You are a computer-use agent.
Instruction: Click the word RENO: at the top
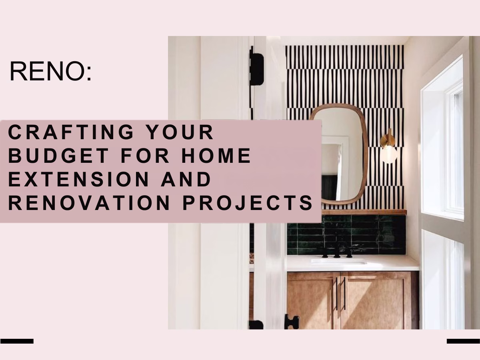50,71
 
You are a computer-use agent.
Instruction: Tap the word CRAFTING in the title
71,132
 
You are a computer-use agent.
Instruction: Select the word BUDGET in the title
58,156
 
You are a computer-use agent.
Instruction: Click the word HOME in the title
216,156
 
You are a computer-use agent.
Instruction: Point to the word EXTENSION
79,179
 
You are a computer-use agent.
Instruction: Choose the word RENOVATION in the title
89,203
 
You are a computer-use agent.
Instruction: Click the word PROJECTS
248,203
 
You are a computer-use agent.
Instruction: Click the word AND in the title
186,179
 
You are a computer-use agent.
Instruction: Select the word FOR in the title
145,156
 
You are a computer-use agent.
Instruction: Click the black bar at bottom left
17,341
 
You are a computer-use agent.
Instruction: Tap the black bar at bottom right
463,341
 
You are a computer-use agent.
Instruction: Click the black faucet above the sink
337,252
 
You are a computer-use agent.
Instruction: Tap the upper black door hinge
256,68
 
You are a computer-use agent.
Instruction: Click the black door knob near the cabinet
291,321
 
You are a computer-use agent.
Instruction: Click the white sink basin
338,261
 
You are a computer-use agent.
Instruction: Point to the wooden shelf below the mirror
364,212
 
